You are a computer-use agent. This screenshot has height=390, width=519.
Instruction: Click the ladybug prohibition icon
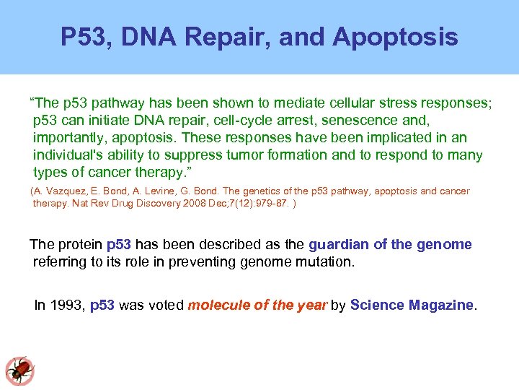[19, 370]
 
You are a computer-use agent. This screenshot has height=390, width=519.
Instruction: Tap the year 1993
[67, 305]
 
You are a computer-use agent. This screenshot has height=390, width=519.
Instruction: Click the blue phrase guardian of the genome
[390, 244]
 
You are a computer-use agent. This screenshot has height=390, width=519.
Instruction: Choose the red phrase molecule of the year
[257, 305]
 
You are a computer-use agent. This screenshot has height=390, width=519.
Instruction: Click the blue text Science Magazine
[412, 305]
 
